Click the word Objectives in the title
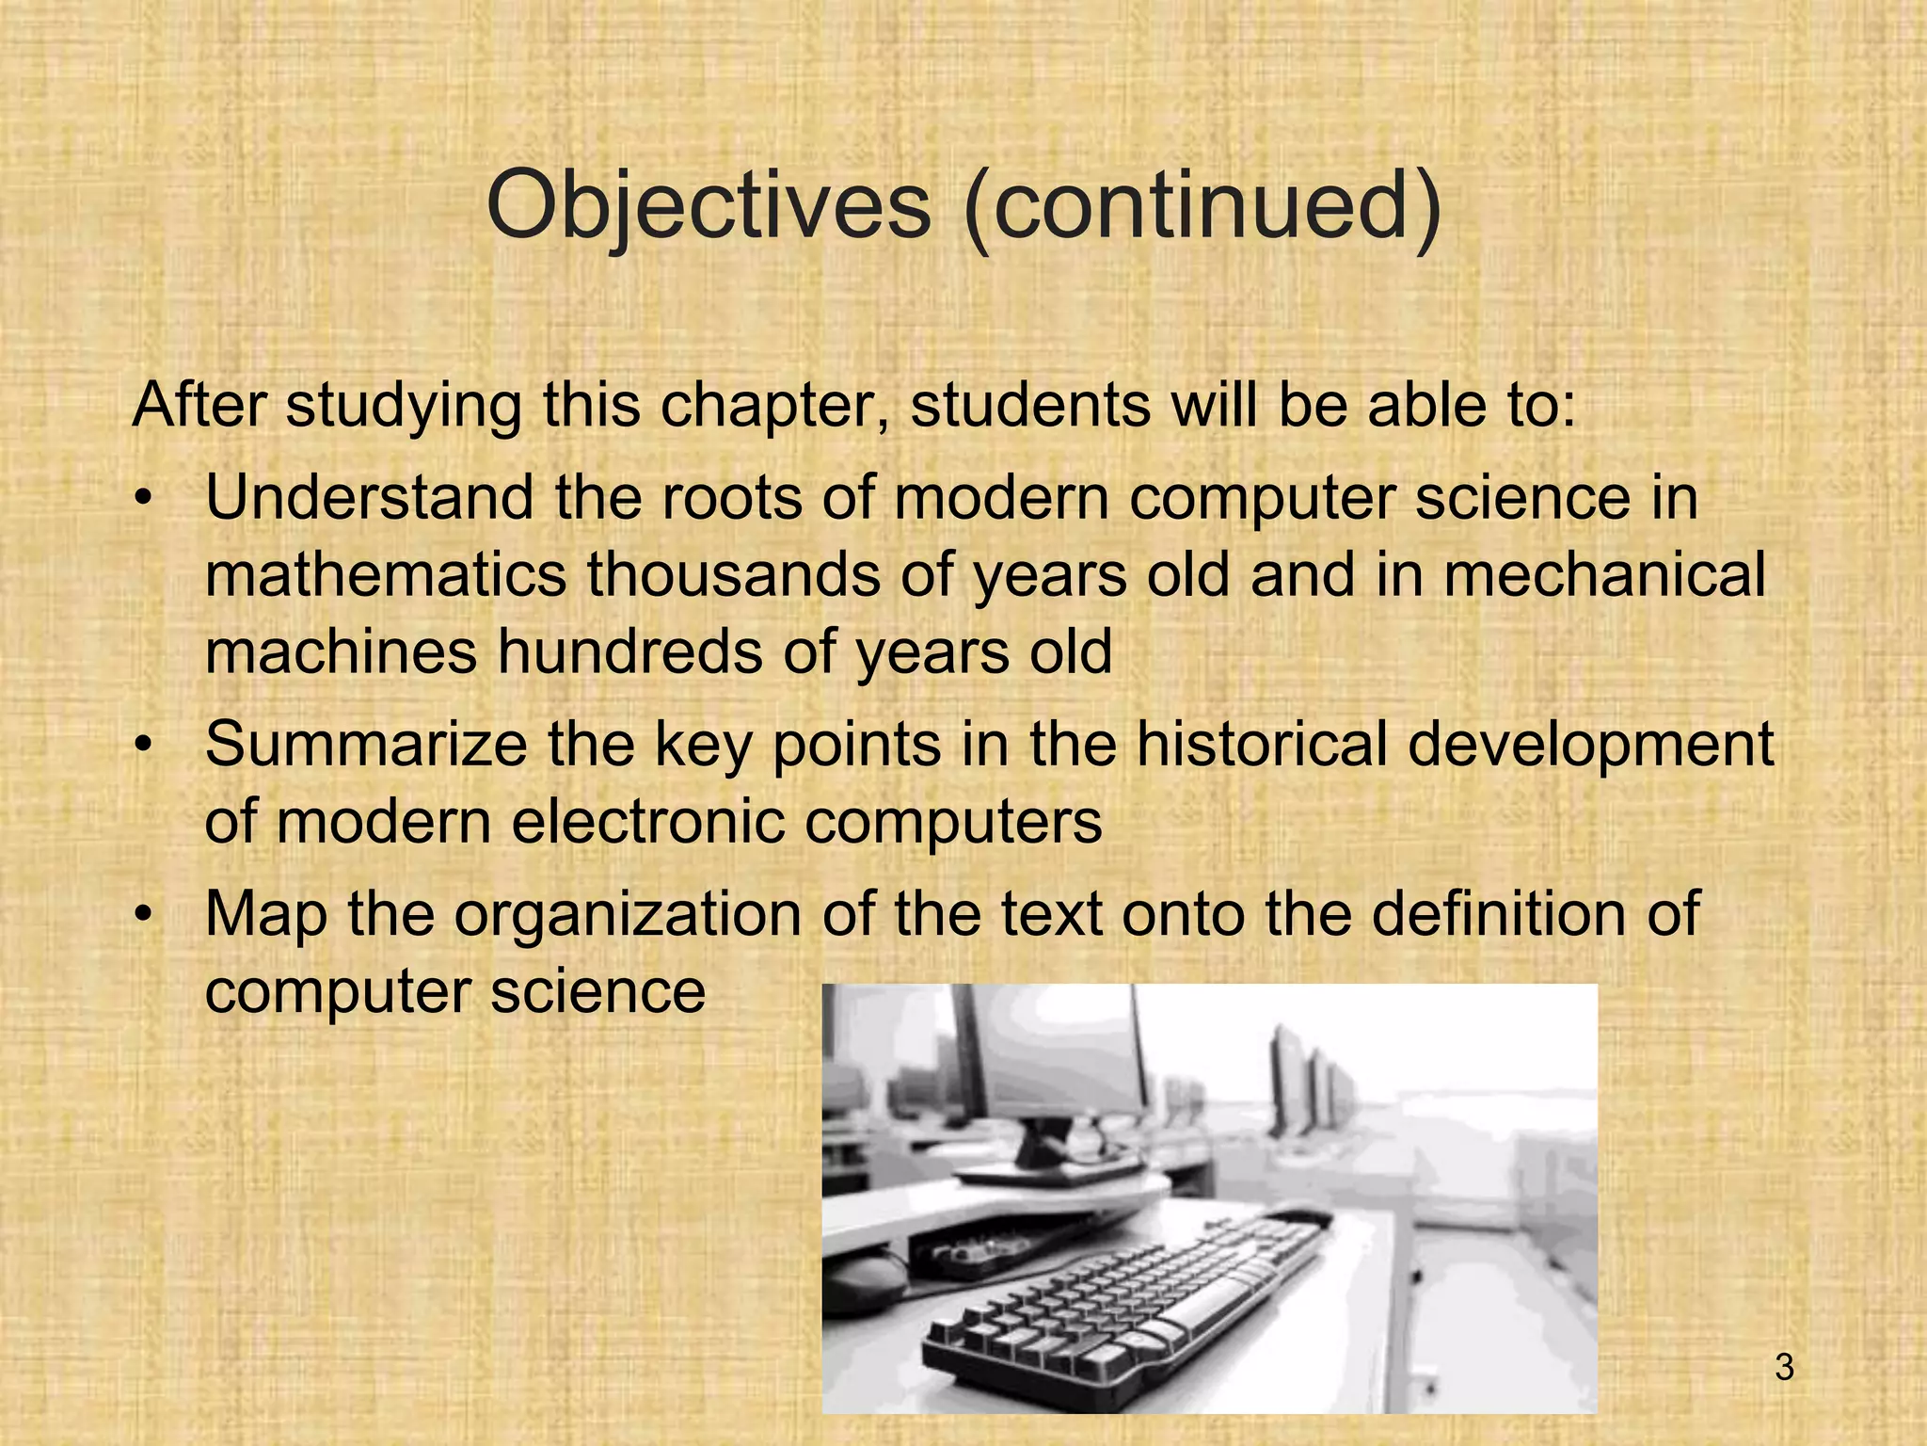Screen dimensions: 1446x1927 (x=708, y=207)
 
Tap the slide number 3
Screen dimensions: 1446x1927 (x=1784, y=1367)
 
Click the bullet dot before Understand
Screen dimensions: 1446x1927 (x=142, y=501)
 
